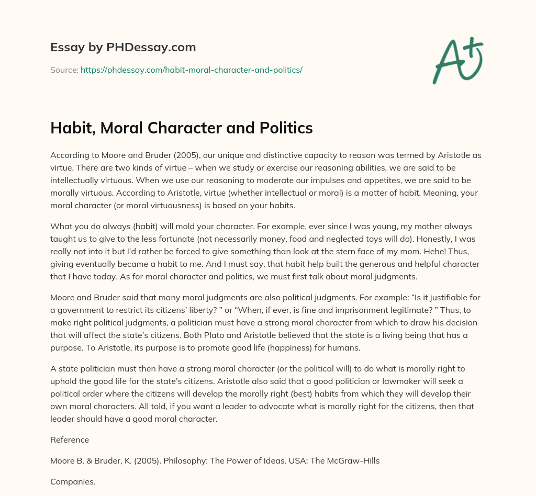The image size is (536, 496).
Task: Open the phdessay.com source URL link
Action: (192, 70)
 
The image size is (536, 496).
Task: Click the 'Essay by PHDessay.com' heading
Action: (123, 48)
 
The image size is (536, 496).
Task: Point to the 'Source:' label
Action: (64, 70)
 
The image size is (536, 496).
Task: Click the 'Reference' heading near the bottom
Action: (70, 440)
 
